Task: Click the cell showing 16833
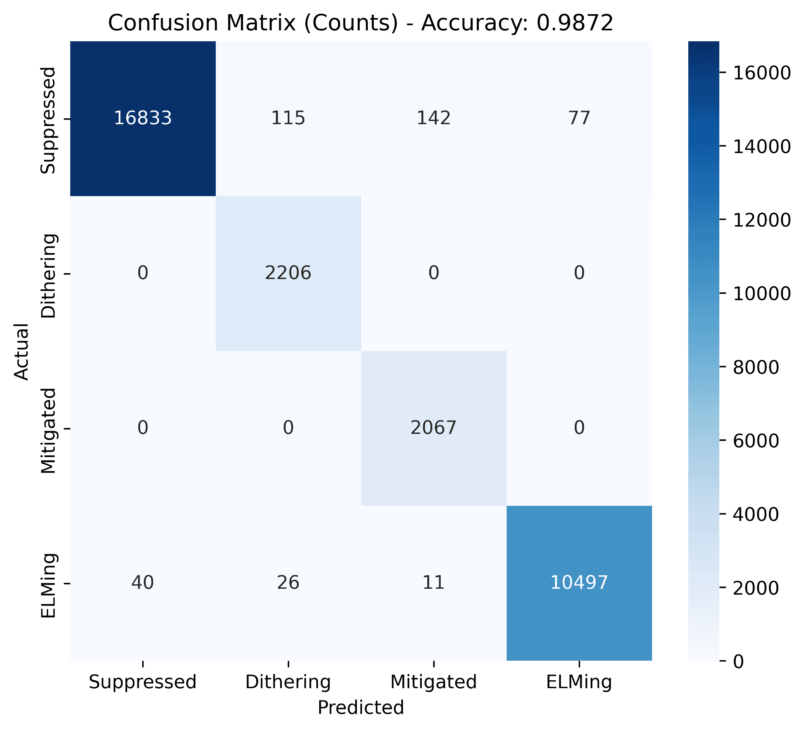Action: point(143,118)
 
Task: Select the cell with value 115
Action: point(288,118)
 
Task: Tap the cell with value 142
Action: point(434,118)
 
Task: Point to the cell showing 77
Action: point(579,118)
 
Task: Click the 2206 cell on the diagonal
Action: point(288,273)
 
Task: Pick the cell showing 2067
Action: point(434,428)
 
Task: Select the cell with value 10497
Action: point(579,582)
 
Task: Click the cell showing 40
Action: point(143,582)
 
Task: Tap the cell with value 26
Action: point(288,582)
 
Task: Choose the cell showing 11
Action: point(434,582)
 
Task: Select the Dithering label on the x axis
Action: point(288,682)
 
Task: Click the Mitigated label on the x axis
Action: point(434,682)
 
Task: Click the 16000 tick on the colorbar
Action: point(756,73)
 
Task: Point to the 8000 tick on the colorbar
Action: point(751,367)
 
